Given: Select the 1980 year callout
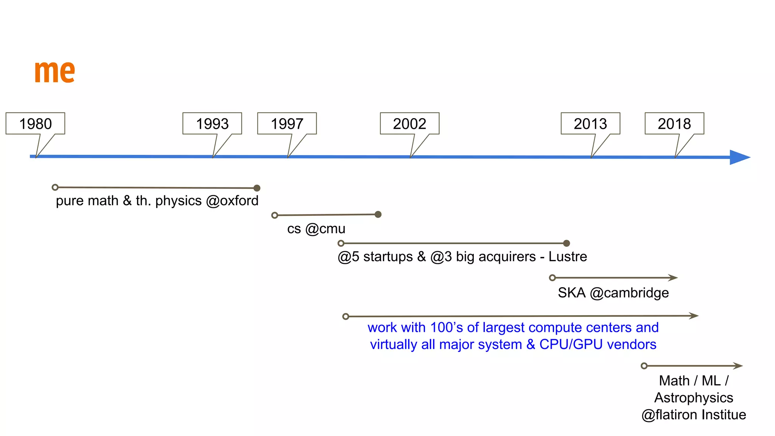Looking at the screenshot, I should [x=36, y=124].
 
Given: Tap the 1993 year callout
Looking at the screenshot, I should [x=212, y=124].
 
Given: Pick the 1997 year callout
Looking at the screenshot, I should [x=287, y=124].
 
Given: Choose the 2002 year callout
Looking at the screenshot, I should [x=409, y=124].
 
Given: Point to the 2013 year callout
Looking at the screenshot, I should [x=590, y=124].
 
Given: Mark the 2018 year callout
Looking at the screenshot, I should [x=674, y=124].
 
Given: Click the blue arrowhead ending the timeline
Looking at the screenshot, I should [x=739, y=157].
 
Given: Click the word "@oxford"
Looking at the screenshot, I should [x=232, y=201].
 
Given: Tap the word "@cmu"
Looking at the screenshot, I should [x=325, y=229].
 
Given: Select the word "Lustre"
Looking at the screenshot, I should [x=568, y=257].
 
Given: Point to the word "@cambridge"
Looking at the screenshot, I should [x=629, y=293].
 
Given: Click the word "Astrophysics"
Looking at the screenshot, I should [x=694, y=398].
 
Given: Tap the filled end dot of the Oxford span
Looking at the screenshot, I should [x=257, y=188].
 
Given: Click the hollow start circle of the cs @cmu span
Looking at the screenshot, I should [x=275, y=215].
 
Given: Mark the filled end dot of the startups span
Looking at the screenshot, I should [x=566, y=243].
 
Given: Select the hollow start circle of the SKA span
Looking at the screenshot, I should [x=552, y=278].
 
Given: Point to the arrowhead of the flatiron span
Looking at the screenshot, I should [x=738, y=366].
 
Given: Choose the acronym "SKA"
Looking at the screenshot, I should [x=571, y=293].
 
